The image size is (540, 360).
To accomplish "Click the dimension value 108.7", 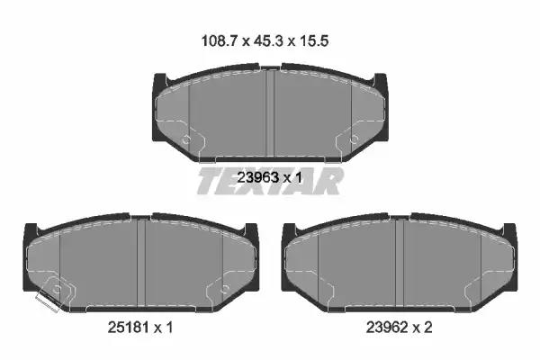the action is pos(219,41).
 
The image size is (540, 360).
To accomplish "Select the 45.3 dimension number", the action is pos(268,41).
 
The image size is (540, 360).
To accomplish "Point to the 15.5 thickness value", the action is pos(314,41).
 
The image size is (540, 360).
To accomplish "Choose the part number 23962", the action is pos(387,328).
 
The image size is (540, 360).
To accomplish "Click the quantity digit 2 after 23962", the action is pos(427,328).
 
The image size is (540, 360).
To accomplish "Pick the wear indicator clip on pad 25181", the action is pos(47,302).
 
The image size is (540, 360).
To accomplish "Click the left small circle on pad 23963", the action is pos(186,139).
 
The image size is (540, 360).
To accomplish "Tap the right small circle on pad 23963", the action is pos(354,139).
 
